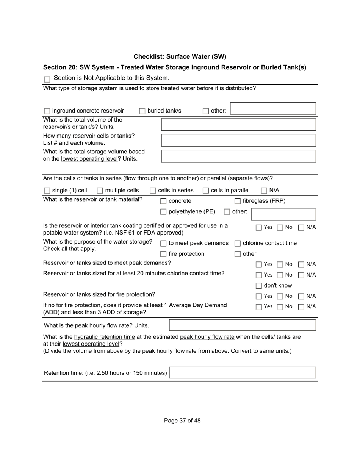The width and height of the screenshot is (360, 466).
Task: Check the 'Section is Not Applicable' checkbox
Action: (x=47, y=79)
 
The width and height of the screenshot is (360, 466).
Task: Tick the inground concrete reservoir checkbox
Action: (x=47, y=111)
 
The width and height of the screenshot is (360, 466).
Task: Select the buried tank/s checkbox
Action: (x=142, y=111)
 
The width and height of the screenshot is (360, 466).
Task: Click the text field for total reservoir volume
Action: (x=238, y=124)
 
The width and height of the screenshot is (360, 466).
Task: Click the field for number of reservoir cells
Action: (x=238, y=140)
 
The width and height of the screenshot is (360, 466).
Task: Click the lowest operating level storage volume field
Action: (x=238, y=156)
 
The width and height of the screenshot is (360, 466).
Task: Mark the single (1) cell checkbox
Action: (x=47, y=191)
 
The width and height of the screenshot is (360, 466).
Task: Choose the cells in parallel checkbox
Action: (x=206, y=191)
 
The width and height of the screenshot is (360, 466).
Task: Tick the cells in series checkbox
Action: (x=153, y=191)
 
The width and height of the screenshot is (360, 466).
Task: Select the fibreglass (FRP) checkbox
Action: (x=238, y=201)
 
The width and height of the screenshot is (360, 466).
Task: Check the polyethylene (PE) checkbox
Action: (x=163, y=212)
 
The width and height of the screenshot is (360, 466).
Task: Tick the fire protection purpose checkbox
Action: (x=163, y=254)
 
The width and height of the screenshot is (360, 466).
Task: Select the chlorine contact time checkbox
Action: (x=238, y=244)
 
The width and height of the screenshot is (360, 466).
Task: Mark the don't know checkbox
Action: (x=259, y=286)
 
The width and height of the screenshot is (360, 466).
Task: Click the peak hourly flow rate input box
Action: (x=242, y=325)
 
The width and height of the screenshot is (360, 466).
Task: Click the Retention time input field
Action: (x=242, y=373)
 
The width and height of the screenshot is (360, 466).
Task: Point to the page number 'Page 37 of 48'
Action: (x=182, y=421)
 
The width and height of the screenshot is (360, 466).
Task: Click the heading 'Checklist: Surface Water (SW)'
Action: (x=180, y=57)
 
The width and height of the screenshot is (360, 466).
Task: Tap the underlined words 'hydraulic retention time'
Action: (x=105, y=337)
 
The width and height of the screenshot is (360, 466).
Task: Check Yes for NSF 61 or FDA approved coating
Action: (x=259, y=228)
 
